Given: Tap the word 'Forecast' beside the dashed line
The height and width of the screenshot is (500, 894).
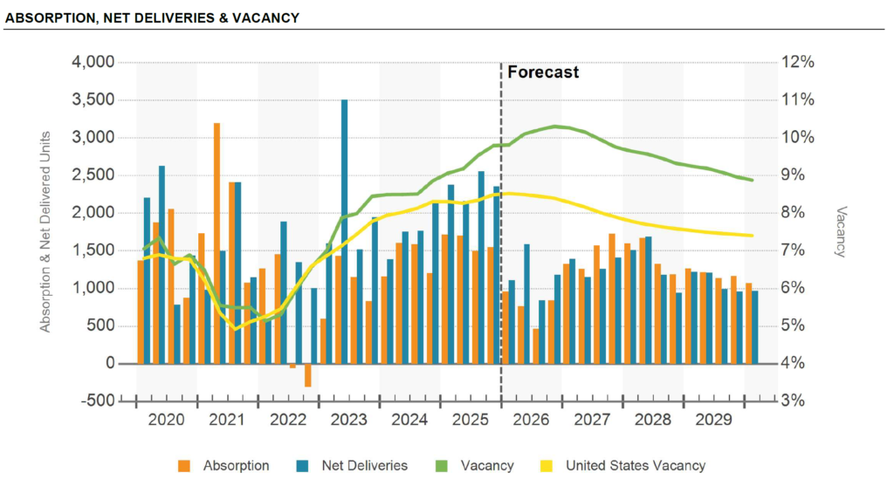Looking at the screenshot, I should click(x=543, y=72).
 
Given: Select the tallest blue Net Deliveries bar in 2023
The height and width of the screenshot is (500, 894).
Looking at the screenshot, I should click(x=344, y=231).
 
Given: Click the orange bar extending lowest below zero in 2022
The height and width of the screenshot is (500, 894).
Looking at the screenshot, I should click(x=308, y=374).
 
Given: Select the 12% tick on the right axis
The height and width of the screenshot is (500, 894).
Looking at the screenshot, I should click(x=799, y=62).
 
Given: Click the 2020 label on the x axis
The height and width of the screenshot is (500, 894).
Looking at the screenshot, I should click(x=166, y=421).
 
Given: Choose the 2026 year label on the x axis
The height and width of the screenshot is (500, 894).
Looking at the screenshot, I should click(x=531, y=421).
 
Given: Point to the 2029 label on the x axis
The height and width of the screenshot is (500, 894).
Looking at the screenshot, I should click(x=713, y=421).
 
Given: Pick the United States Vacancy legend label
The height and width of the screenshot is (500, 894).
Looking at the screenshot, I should click(x=635, y=466).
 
